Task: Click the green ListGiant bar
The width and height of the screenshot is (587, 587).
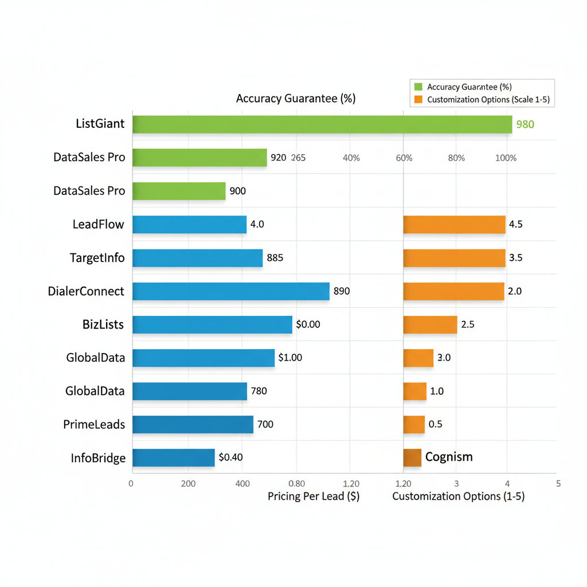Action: (x=322, y=124)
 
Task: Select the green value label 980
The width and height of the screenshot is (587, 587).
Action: (x=525, y=124)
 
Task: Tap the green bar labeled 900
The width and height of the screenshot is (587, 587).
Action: (x=179, y=191)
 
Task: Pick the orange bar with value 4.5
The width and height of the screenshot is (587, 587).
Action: (x=454, y=224)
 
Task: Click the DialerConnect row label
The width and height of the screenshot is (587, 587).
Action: (x=86, y=291)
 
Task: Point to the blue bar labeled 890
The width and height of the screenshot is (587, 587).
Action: (x=230, y=291)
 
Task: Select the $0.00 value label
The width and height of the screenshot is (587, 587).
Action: (x=308, y=324)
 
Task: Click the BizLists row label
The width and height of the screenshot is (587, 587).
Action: (x=103, y=324)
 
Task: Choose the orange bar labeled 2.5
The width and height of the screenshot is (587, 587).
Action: (x=430, y=324)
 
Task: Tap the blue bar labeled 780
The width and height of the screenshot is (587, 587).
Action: (x=189, y=392)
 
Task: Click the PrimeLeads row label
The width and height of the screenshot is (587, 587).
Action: (x=94, y=425)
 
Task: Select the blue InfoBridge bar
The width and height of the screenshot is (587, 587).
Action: (x=173, y=457)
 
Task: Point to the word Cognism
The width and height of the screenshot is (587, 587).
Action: (x=449, y=457)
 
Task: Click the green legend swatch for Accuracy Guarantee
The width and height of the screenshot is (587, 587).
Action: (x=418, y=87)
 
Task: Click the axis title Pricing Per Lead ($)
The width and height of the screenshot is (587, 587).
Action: (x=314, y=496)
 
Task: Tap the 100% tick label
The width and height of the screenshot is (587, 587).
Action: (x=506, y=158)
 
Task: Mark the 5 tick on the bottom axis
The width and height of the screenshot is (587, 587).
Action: (x=558, y=483)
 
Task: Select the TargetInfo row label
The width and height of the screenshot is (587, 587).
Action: (x=97, y=258)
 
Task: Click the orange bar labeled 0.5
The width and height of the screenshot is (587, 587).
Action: (x=414, y=425)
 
